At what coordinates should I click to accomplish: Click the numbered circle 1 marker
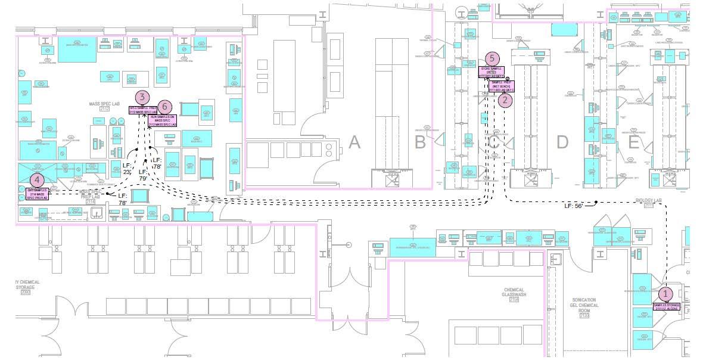(x=665, y=294)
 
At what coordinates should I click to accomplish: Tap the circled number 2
(x=505, y=100)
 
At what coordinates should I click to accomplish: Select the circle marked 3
(x=142, y=97)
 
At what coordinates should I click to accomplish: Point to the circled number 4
(x=38, y=179)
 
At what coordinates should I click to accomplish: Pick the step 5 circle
(x=492, y=58)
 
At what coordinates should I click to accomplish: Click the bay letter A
(x=354, y=142)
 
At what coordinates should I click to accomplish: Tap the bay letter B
(x=420, y=142)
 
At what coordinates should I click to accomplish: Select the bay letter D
(x=562, y=142)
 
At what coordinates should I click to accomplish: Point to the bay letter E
(x=633, y=142)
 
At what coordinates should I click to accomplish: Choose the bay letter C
(x=494, y=142)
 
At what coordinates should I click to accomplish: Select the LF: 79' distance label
(x=143, y=175)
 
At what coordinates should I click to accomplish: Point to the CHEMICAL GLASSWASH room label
(x=514, y=293)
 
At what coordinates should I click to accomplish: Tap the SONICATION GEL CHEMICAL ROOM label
(x=584, y=306)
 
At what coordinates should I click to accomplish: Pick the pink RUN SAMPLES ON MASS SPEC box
(x=162, y=120)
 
